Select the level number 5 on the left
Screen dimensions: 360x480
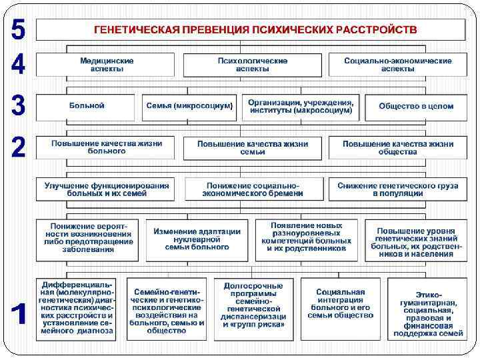[x=19, y=29]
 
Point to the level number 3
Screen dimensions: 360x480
[x=19, y=105]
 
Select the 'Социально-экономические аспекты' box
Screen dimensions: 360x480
[x=397, y=64]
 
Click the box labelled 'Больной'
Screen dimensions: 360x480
[x=87, y=107]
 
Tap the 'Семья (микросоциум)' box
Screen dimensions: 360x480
[x=189, y=107]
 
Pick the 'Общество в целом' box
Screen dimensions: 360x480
[x=415, y=107]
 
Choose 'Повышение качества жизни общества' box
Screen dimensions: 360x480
[x=398, y=147]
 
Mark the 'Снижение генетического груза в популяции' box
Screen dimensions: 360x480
[x=397, y=189]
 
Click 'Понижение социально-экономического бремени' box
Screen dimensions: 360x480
[x=253, y=189]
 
